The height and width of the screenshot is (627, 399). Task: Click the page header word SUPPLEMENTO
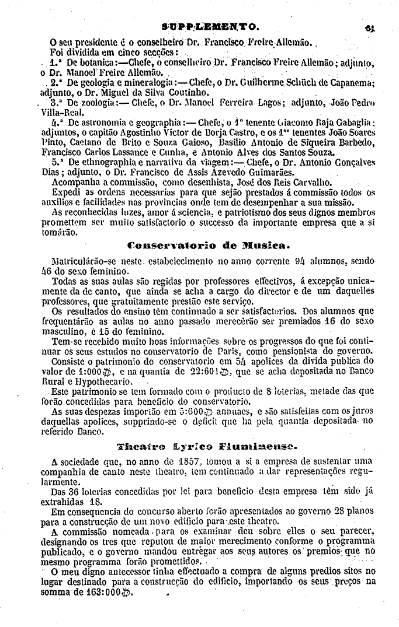coord(210,26)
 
